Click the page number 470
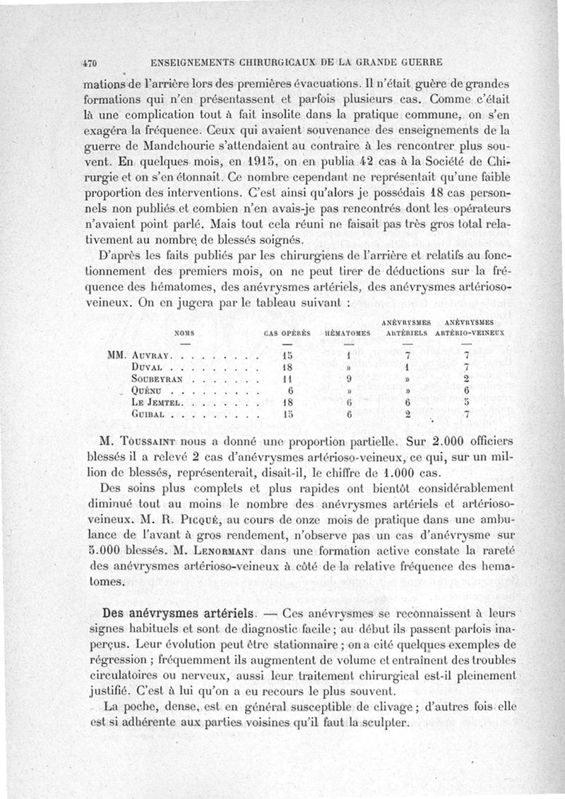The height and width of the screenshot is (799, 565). pos(90,61)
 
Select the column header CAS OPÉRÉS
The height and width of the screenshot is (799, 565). pos(286,332)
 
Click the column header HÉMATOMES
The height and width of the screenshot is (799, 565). pos(347,332)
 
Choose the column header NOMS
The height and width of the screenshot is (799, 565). pos(185,332)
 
